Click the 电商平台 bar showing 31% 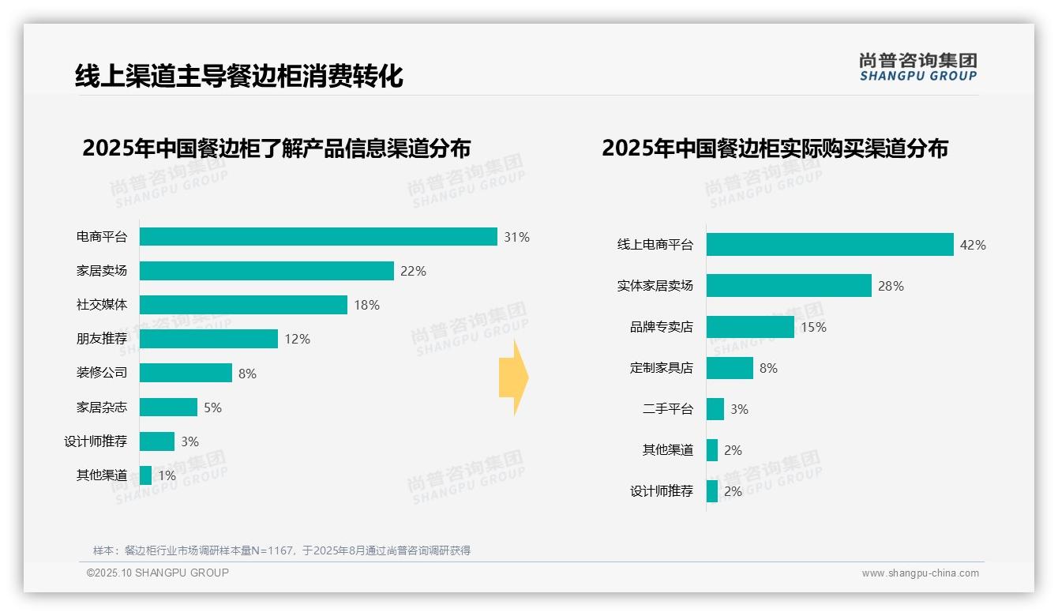pos(318,237)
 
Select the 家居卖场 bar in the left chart pos(267,271)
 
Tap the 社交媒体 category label pos(102,305)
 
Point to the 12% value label pos(298,339)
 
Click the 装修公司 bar pos(186,373)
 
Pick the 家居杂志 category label pos(102,408)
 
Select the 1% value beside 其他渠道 pos(167,475)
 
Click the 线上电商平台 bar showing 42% pos(830,245)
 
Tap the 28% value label pos(891,286)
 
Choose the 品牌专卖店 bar pos(750,327)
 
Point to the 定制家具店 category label pos(662,368)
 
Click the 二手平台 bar pos(715,409)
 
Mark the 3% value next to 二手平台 pos(739,409)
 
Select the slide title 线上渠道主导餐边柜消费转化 pos(238,76)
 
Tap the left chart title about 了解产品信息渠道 pos(276,148)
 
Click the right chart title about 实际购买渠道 pos(775,148)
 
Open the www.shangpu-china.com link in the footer pos(920,573)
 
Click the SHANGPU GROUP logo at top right pos(918,67)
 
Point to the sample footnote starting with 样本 pos(282,550)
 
